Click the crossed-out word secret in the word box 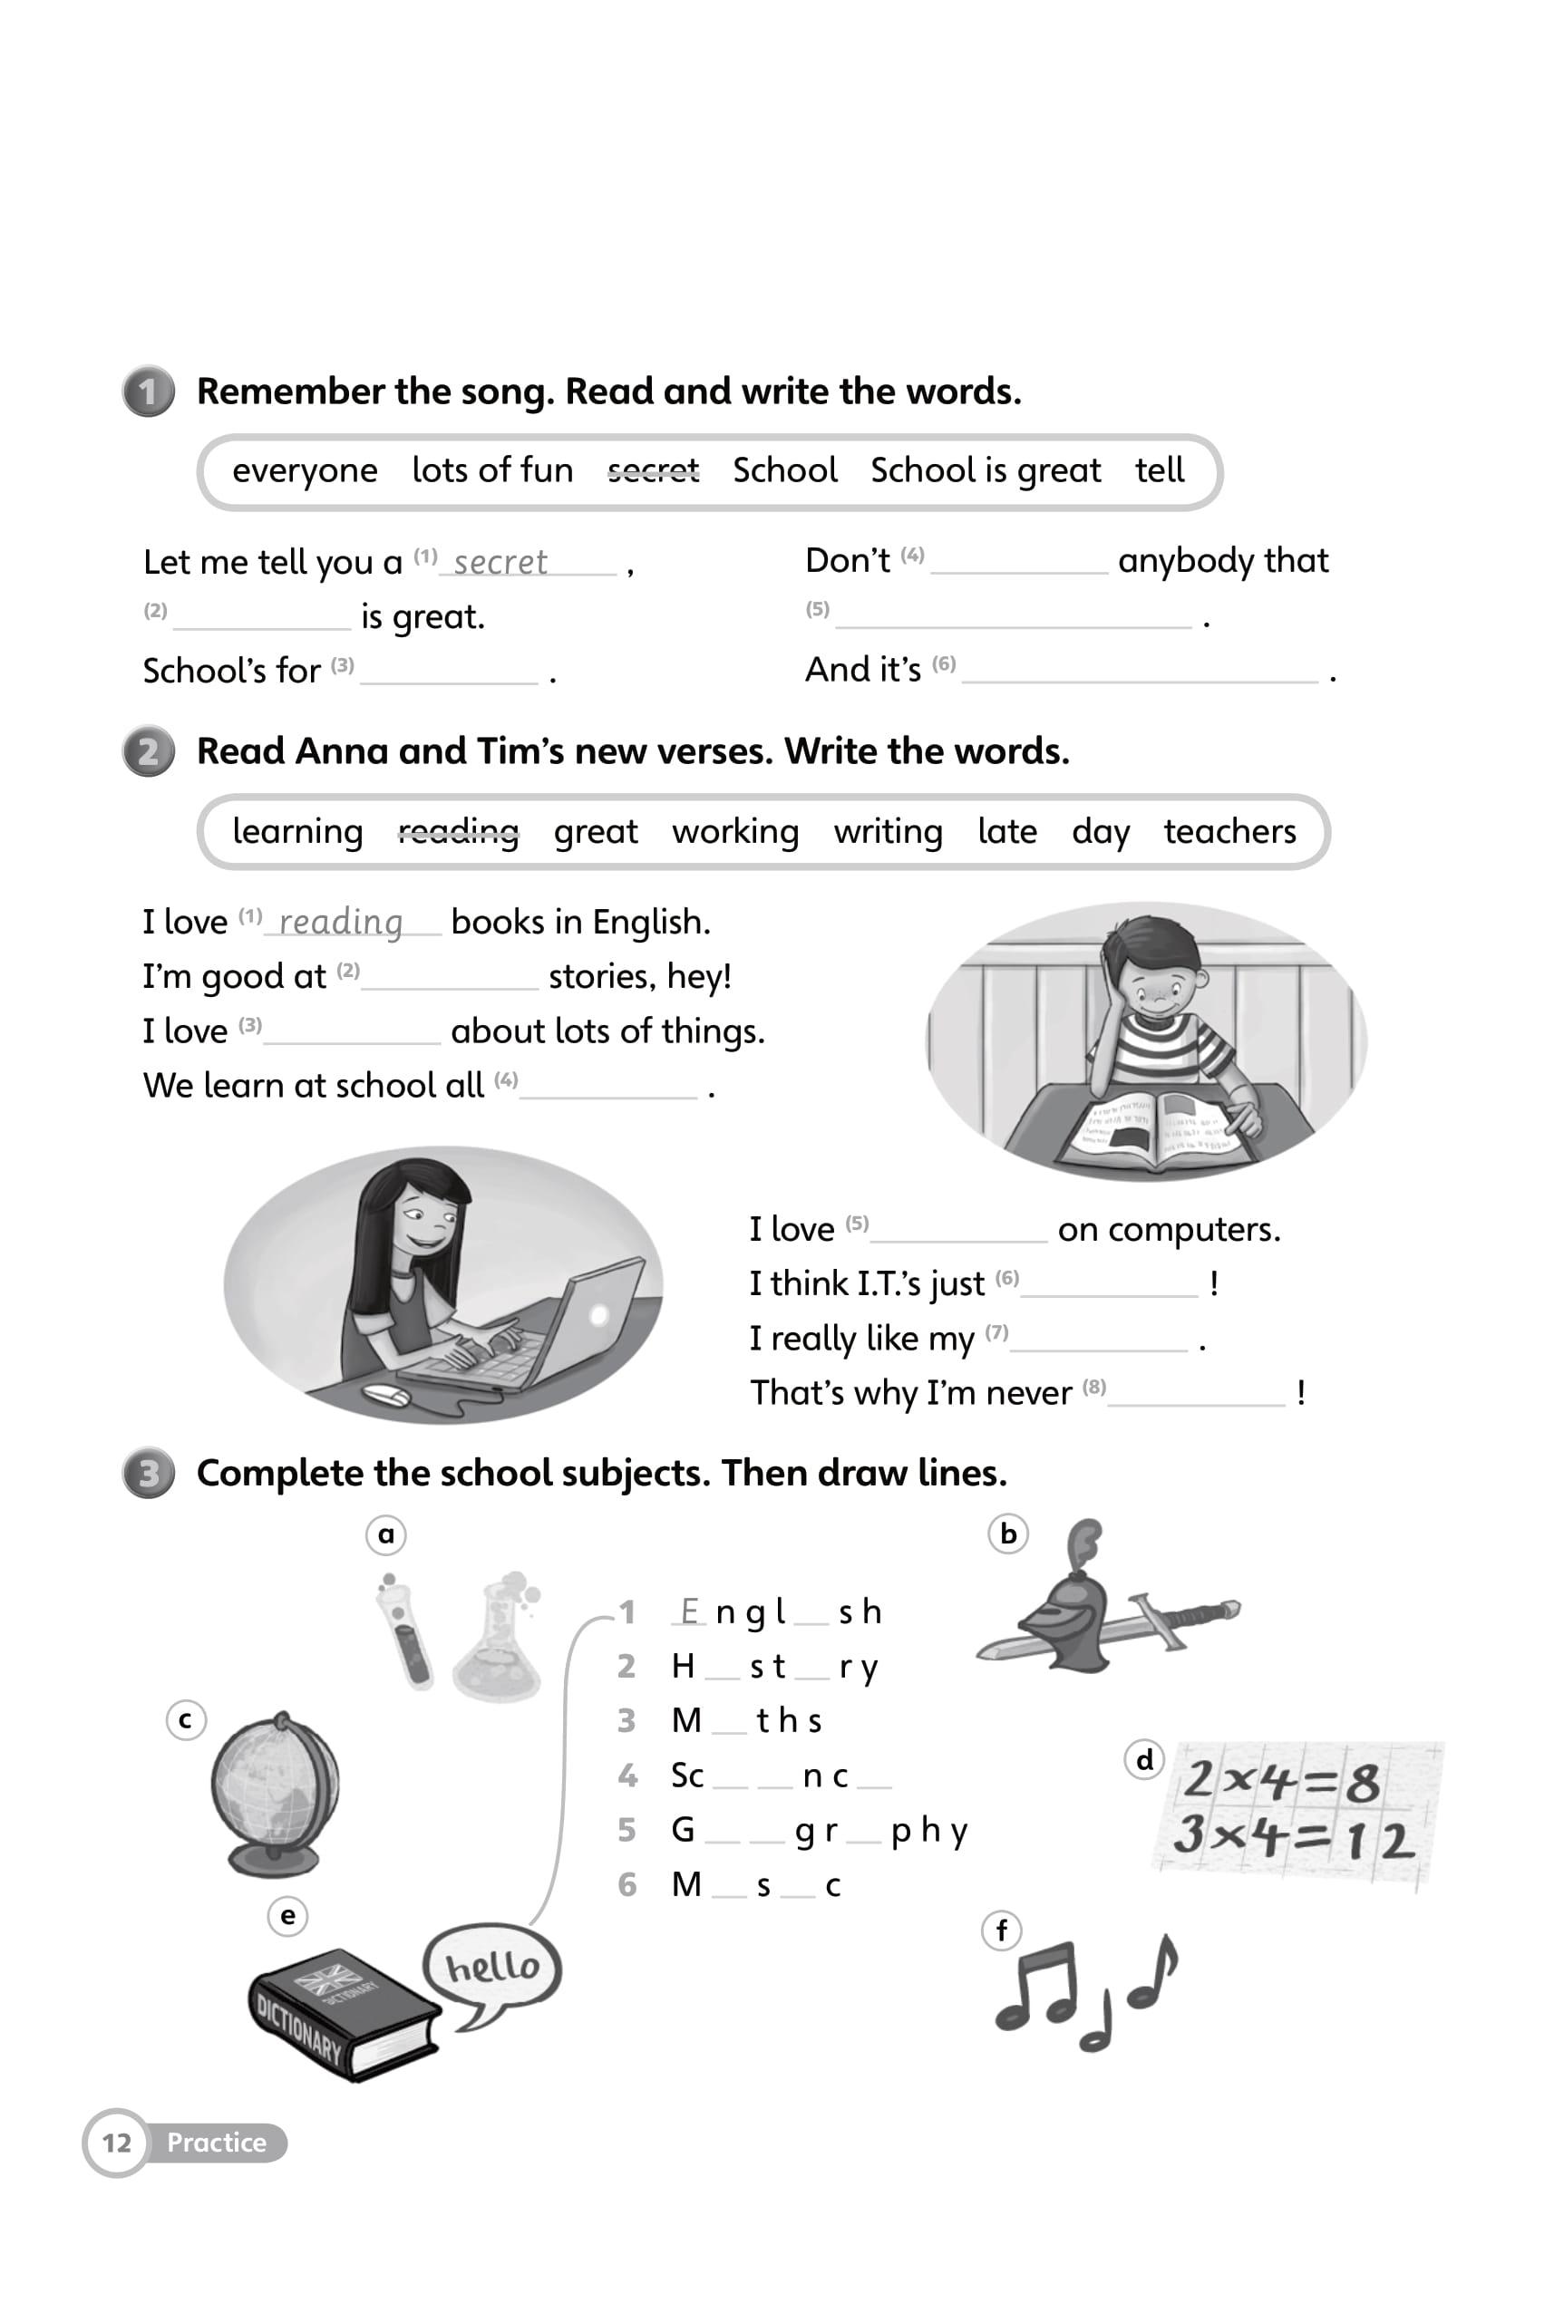(653, 469)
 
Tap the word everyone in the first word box (305, 470)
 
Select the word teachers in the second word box (1229, 831)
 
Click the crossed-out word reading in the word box (458, 831)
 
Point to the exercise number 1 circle (149, 392)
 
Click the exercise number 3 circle (149, 1474)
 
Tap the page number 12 (117, 2143)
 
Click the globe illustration (276, 1792)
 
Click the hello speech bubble (492, 1967)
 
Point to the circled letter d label (1145, 1760)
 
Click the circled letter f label (1001, 1930)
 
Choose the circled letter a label (386, 1535)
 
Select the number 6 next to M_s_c (627, 1884)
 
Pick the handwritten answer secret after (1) (500, 563)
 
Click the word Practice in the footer (216, 2143)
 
